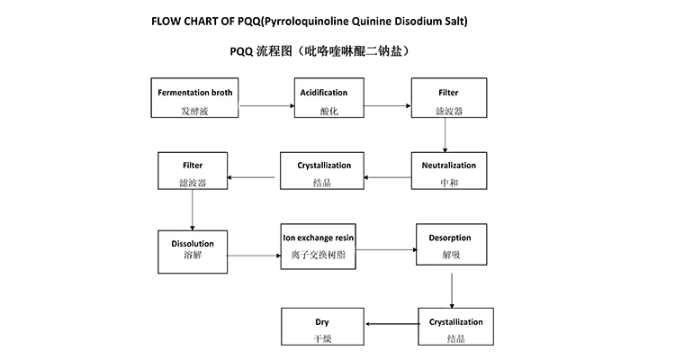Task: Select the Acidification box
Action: click(321, 102)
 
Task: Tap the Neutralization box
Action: click(448, 175)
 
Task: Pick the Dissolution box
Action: click(193, 251)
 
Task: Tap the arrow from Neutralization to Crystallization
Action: click(391, 177)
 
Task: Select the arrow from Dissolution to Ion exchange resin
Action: click(254, 256)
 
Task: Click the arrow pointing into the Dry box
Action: click(389, 325)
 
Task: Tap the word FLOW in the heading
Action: click(171, 20)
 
